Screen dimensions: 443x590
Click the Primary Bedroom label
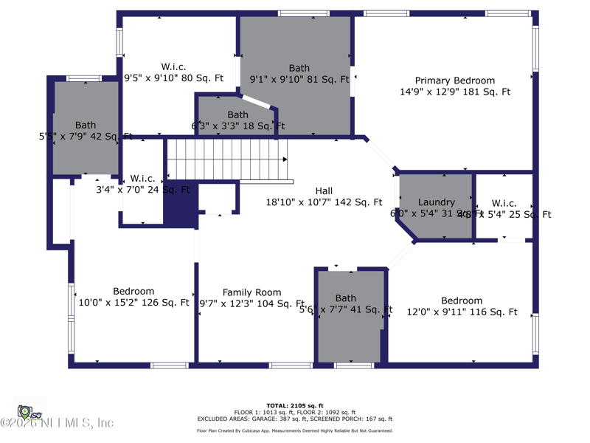[454, 80]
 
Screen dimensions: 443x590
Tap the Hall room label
[324, 190]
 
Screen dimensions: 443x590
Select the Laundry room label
[436, 202]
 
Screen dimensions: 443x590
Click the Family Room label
[251, 292]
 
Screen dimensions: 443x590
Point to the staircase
[226, 159]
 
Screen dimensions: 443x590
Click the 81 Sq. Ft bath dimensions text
[299, 80]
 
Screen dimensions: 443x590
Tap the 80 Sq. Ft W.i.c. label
[173, 66]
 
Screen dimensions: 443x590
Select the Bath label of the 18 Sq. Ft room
[237, 115]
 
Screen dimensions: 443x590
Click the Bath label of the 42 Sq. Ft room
[85, 126]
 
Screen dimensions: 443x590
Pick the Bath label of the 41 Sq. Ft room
[345, 298]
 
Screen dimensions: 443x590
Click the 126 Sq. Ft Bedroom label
[133, 292]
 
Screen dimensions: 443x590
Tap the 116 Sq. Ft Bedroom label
[462, 301]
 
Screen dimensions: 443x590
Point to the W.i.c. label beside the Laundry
[504, 203]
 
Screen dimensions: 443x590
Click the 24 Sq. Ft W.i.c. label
[142, 179]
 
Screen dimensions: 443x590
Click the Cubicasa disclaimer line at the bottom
[294, 430]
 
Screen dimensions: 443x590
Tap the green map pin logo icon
[24, 411]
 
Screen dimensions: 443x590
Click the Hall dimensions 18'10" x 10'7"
[324, 202]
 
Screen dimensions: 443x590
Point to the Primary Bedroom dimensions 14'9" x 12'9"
[454, 92]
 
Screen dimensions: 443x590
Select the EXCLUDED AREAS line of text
[294, 419]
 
